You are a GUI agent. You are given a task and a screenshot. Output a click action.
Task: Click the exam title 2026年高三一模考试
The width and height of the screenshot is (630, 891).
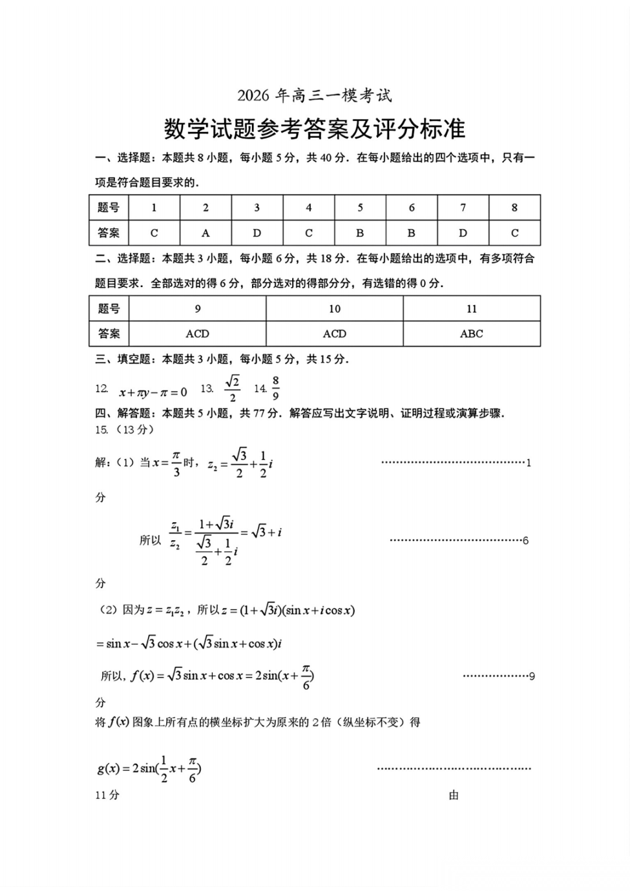click(314, 95)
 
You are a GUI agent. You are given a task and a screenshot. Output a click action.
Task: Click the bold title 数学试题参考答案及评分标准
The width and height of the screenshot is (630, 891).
click(314, 129)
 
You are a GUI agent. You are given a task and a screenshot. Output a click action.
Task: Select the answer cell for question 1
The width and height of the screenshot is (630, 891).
click(154, 233)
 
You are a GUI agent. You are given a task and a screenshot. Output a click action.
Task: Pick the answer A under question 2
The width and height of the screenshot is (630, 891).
click(205, 233)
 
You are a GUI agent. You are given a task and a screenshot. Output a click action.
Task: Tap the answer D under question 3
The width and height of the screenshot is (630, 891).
click(257, 233)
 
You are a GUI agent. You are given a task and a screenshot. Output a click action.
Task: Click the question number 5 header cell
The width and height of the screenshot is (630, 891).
click(360, 207)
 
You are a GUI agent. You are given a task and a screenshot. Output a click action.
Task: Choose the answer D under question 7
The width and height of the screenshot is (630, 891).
click(463, 233)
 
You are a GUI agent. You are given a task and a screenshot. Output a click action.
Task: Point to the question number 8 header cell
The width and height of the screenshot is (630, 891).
click(514, 207)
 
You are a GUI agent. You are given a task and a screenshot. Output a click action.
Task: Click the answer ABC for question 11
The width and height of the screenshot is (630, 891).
click(471, 334)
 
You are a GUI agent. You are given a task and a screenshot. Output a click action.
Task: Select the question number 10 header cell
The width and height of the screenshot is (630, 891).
click(334, 309)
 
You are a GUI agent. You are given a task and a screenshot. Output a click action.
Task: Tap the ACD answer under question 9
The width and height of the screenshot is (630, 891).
click(197, 334)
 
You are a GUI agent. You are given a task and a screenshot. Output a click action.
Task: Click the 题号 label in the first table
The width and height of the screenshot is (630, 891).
click(108, 207)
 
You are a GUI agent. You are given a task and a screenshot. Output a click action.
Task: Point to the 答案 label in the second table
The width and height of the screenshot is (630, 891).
click(108, 334)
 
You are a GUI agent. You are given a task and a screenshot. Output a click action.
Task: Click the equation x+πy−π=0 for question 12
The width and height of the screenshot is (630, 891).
click(153, 392)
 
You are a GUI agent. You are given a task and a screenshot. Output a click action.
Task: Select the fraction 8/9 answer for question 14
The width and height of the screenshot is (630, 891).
click(275, 388)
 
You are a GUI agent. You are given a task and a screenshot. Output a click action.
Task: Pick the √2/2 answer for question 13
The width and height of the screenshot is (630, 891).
click(232, 389)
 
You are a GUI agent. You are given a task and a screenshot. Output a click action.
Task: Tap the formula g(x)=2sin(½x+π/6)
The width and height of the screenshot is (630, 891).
click(149, 768)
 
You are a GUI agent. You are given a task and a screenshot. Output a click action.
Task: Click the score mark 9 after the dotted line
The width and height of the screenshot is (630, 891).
click(531, 676)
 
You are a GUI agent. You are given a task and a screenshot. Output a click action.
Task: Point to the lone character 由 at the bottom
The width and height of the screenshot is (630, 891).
click(454, 795)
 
